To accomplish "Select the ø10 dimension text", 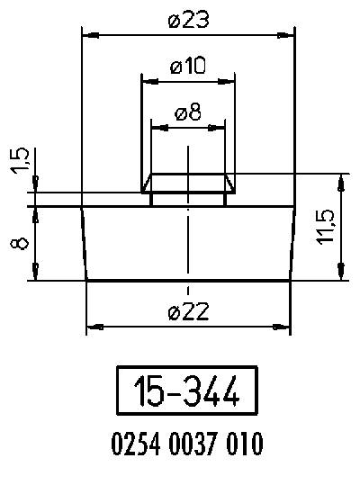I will [x=187, y=66].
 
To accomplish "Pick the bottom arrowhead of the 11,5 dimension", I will [x=340, y=274].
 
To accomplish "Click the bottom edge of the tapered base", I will [x=188, y=281].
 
